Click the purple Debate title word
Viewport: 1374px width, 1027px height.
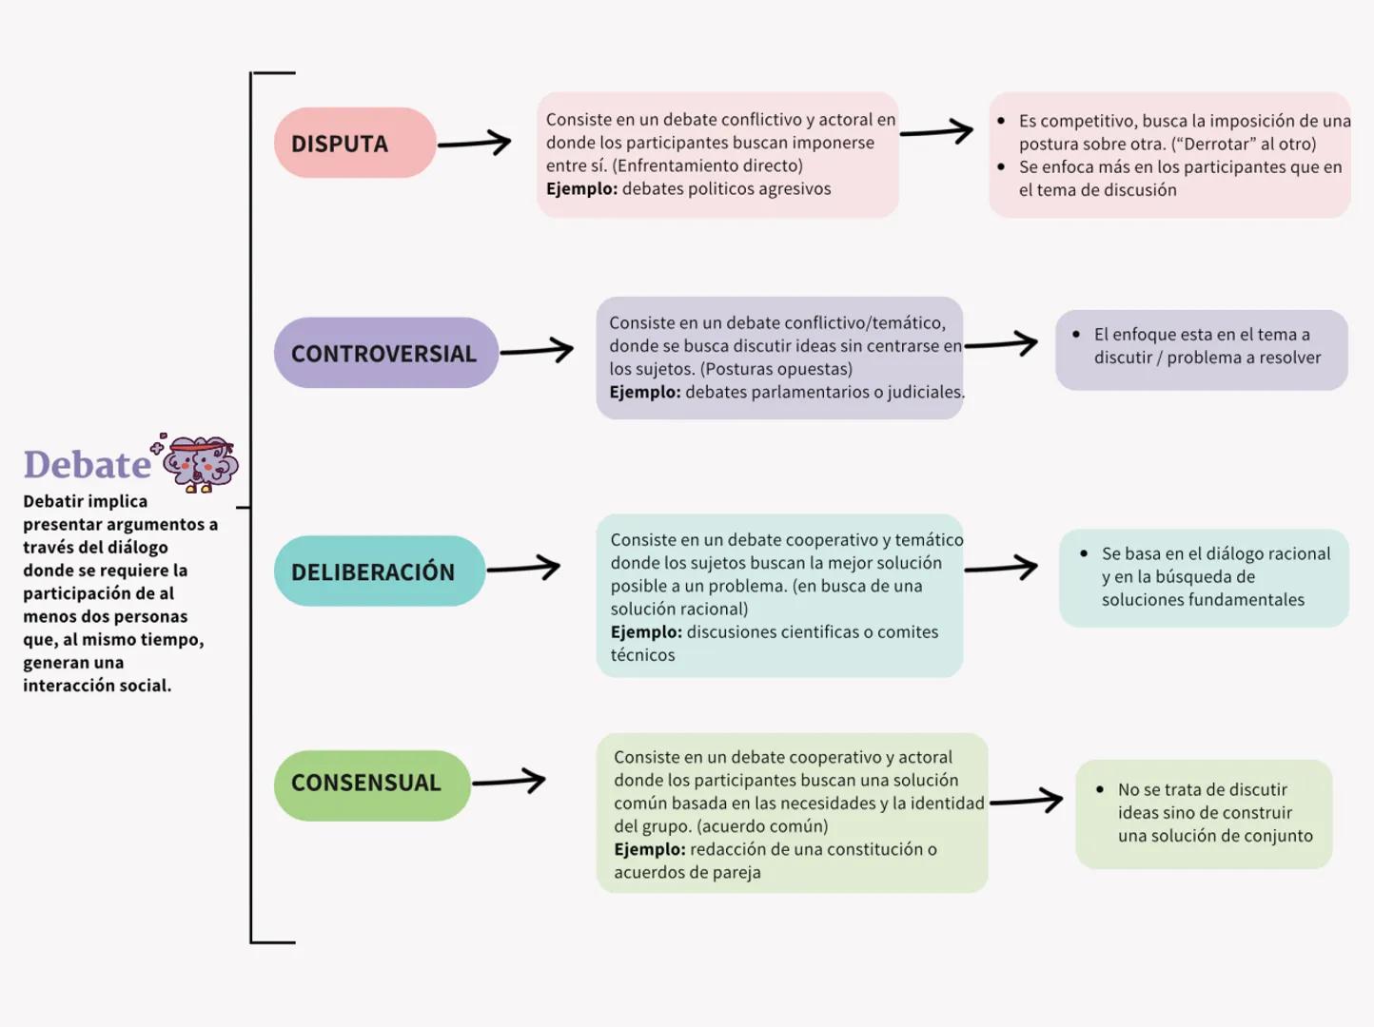87,465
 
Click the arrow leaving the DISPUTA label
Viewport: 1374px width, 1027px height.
474,144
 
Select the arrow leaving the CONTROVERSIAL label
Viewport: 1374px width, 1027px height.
537,351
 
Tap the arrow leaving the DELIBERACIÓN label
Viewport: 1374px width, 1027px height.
523,569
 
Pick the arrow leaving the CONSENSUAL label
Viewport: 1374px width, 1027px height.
509,782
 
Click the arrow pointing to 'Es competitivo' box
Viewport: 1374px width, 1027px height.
936,132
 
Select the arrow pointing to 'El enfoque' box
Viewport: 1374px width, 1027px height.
1001,344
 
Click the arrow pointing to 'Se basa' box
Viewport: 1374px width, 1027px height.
1001,569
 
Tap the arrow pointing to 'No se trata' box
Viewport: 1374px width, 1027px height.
1027,801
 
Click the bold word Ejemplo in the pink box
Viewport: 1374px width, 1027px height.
581,189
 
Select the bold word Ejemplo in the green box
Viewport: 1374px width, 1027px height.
649,849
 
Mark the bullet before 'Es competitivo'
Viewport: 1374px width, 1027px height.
1001,121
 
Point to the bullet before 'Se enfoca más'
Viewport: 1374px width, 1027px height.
1001,167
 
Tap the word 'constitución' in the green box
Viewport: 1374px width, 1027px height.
872,849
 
